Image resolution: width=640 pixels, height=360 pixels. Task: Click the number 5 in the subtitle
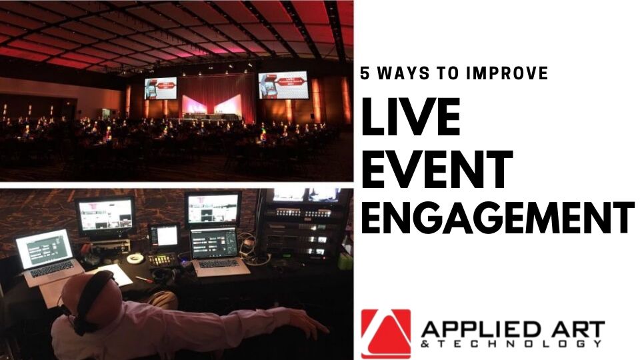[x=365, y=74]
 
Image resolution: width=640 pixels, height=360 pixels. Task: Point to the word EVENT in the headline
[x=437, y=168]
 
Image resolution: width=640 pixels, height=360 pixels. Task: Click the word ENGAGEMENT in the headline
[x=497, y=218]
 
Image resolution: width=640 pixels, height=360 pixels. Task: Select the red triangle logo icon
[x=386, y=333]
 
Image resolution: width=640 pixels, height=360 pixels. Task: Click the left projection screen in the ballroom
[x=161, y=88]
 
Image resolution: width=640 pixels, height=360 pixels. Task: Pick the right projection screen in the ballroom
[x=283, y=84]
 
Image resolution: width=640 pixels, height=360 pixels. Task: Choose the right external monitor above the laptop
[x=213, y=209]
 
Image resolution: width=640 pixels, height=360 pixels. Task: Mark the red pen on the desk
[x=143, y=278]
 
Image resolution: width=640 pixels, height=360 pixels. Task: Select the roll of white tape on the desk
[x=136, y=259]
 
